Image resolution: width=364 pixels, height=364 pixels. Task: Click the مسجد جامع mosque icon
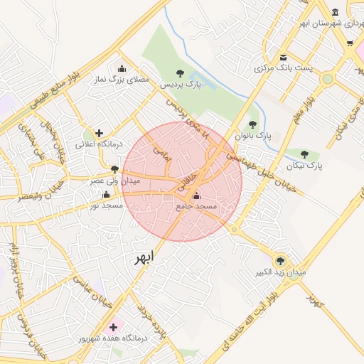[197, 196]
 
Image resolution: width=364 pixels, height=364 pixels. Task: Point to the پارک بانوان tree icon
[252, 124]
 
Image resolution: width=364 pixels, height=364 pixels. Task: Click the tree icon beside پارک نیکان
[305, 154]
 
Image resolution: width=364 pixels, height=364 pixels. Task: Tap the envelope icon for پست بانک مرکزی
[284, 58]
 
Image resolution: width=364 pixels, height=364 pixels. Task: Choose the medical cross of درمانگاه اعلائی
[99, 133]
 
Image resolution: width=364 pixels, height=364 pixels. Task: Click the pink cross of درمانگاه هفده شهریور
[113, 327]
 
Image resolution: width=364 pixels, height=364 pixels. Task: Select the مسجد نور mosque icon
[107, 194]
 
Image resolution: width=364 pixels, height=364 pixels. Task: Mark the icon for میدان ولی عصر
[114, 169]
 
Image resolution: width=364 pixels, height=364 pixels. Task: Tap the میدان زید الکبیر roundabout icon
[280, 261]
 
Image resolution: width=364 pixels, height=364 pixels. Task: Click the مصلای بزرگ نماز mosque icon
[122, 69]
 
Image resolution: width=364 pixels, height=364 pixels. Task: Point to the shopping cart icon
[350, 43]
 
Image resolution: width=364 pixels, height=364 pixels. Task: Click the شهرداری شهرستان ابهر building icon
[335, 13]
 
